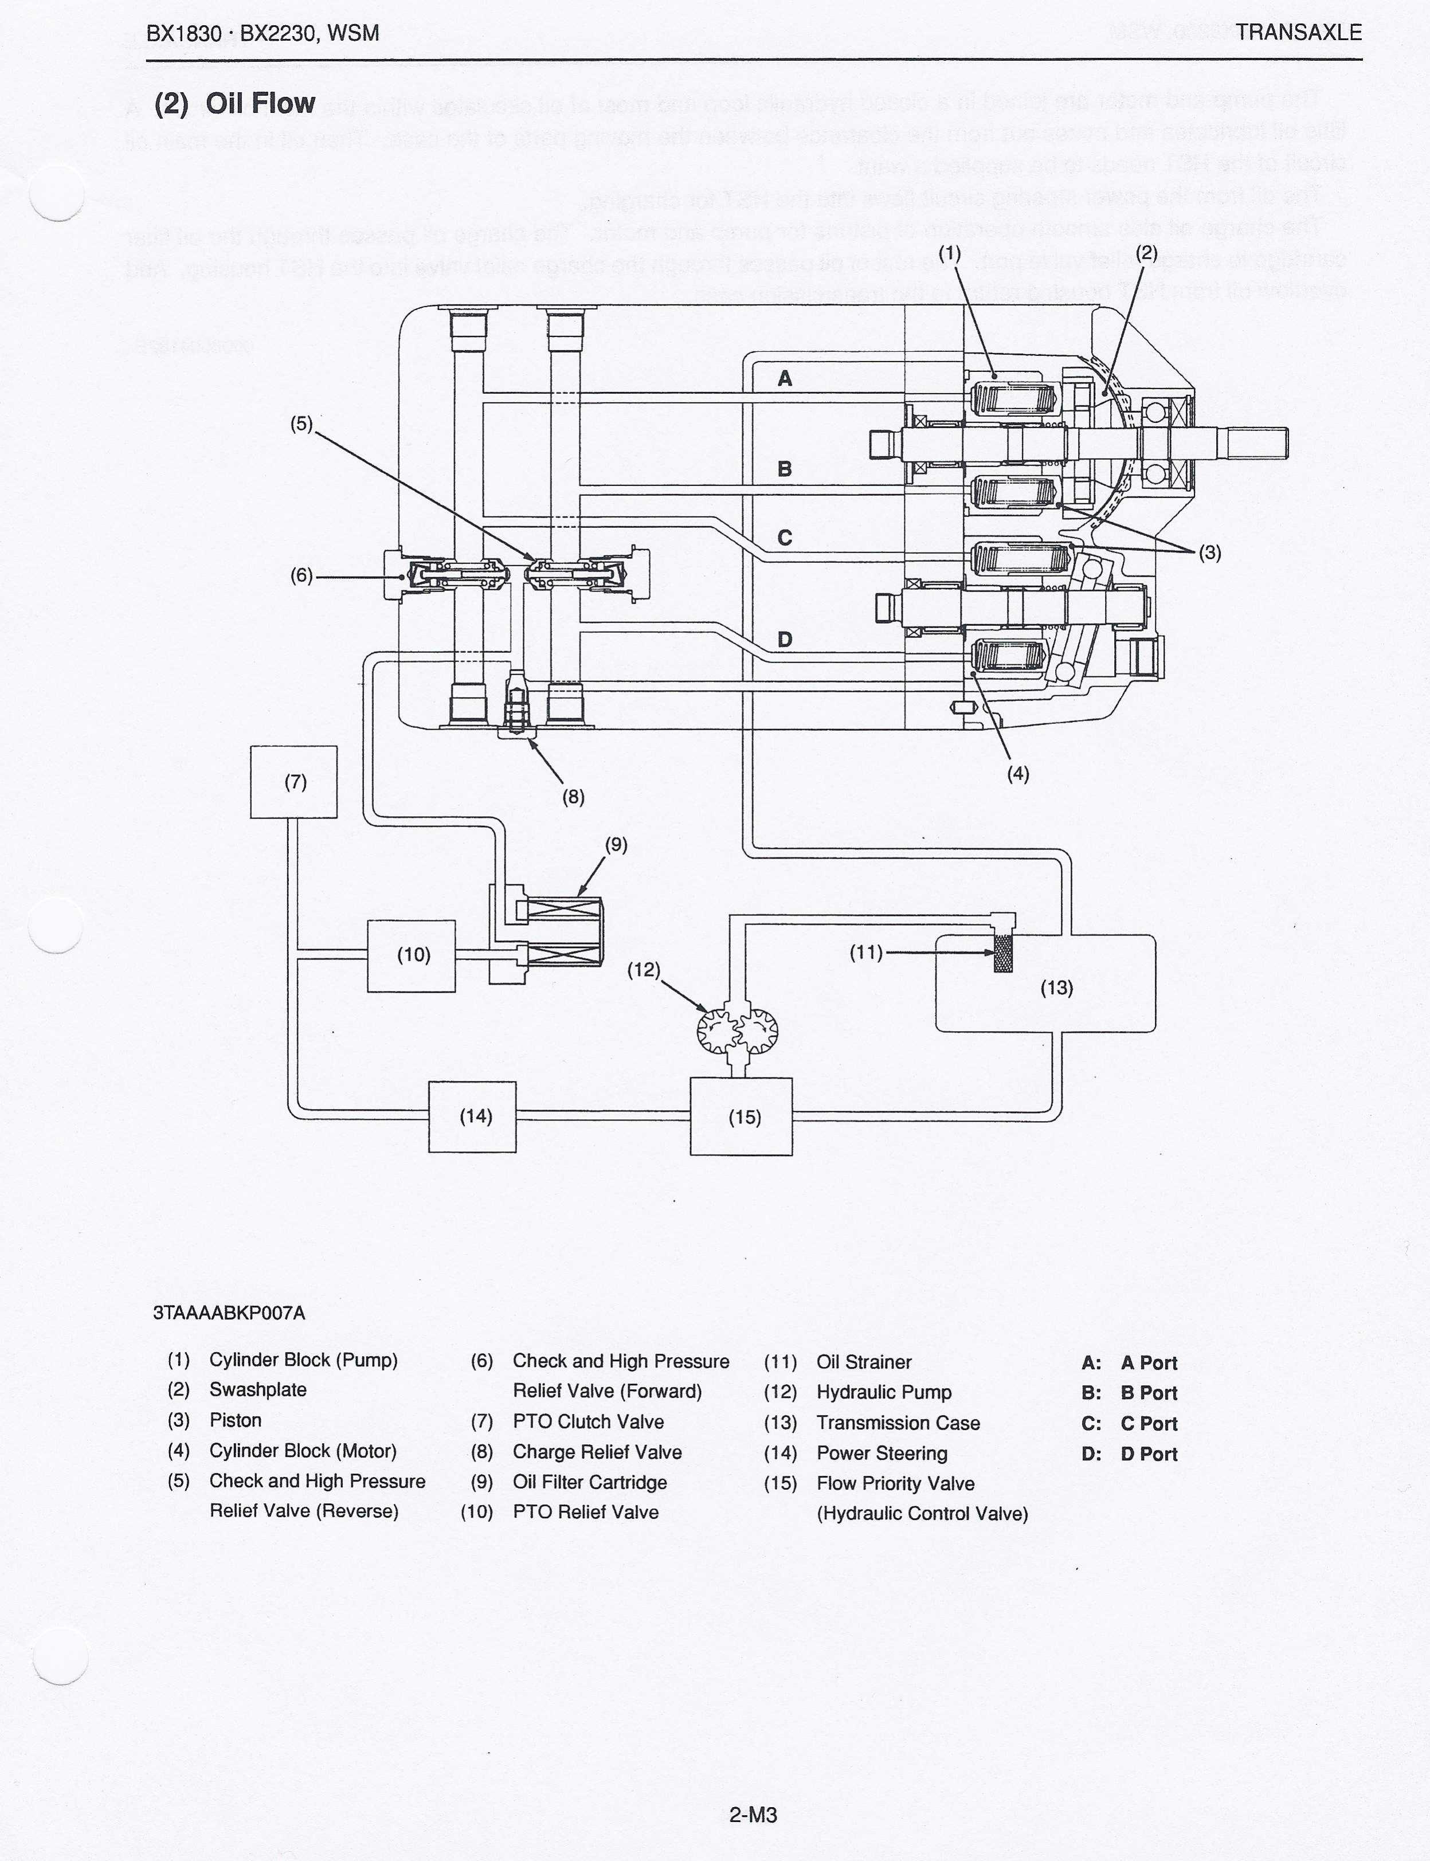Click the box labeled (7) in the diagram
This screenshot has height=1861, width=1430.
(293, 781)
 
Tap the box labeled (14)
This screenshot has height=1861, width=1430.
(472, 1116)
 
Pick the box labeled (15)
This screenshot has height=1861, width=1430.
(742, 1116)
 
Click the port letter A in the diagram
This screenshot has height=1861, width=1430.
(785, 379)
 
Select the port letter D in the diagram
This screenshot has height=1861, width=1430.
(785, 639)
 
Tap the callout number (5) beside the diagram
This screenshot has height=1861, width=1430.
(301, 424)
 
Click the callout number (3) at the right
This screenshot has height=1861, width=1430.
(1209, 553)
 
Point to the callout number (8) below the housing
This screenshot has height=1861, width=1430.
(573, 797)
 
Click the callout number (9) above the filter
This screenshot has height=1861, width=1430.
(616, 844)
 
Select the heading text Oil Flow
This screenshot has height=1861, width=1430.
(260, 104)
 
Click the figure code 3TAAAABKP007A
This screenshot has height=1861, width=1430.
(229, 1312)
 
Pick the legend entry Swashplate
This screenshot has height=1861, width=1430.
(258, 1389)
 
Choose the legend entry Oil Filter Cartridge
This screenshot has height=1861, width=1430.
(590, 1482)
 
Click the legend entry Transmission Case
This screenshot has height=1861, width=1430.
(898, 1423)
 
